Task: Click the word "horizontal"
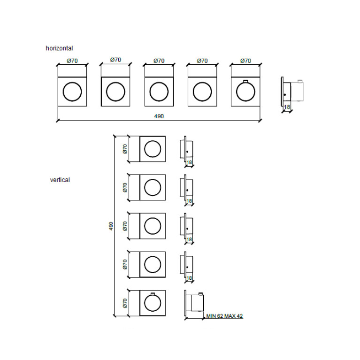pos(59,48)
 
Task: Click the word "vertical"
pos(60,180)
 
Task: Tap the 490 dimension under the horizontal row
pos(159,116)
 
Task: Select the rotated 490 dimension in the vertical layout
pos(111,226)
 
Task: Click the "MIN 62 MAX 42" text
pos(224,316)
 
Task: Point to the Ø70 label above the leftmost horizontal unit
pos(72,61)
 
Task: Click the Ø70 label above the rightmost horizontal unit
pos(245,61)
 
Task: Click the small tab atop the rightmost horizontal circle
pos(245,81)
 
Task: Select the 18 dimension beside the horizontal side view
pos(287,107)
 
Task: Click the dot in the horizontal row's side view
pos(285,95)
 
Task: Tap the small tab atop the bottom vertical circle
pos(153,294)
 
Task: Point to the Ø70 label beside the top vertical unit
pos(125,149)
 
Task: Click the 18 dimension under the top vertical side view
pos(189,162)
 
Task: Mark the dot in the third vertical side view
pos(187,229)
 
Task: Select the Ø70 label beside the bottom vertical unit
pos(125,303)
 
